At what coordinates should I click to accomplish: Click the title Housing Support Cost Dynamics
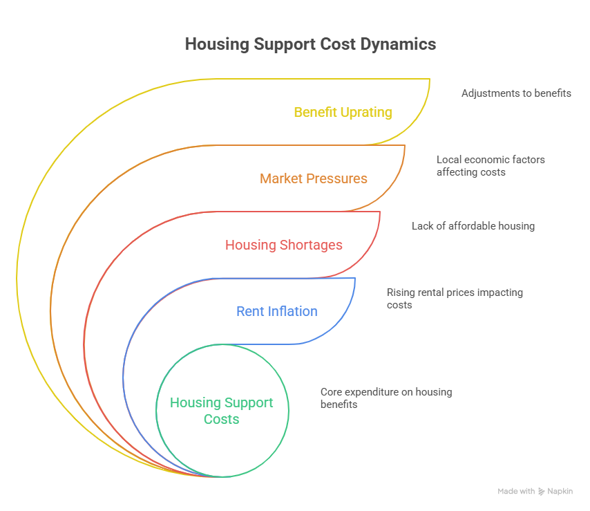tap(310, 44)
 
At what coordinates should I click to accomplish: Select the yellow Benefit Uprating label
tap(343, 112)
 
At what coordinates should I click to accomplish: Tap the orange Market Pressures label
tap(314, 178)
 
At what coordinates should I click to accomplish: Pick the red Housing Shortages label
tap(284, 245)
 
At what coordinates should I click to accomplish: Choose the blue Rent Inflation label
tap(277, 311)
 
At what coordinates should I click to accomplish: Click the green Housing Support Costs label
tap(222, 411)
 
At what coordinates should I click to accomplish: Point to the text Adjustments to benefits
tap(516, 93)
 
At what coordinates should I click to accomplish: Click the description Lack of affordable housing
tap(473, 225)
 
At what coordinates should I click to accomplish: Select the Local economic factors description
tap(491, 165)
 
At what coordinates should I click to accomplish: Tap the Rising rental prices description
tap(455, 298)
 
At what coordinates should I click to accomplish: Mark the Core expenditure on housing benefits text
tap(386, 398)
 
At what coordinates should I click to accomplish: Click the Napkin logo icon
tap(541, 492)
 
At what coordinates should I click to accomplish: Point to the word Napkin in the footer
tap(560, 492)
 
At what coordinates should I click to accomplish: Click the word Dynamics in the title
tap(401, 44)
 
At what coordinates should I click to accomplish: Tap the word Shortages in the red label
tap(312, 245)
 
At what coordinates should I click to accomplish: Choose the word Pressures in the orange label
tap(336, 178)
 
